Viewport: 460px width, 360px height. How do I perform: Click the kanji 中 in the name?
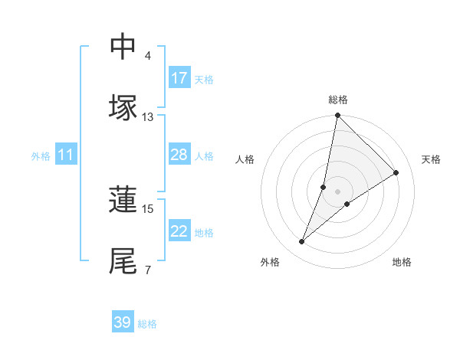tap(123, 46)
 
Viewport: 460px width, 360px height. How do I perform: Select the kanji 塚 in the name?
tap(123, 107)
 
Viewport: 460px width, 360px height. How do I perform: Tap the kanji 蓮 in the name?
tap(123, 199)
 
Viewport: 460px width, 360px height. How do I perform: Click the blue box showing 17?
tap(179, 78)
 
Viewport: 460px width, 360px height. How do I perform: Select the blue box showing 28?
tap(179, 155)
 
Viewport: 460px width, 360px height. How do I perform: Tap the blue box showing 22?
tap(179, 232)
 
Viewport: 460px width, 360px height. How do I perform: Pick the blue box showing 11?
tap(66, 155)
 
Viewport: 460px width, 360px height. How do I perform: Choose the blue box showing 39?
tap(123, 322)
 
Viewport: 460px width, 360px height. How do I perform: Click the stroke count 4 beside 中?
tap(148, 55)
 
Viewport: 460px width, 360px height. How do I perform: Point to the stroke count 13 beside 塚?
tap(147, 116)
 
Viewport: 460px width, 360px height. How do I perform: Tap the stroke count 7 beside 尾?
tap(148, 270)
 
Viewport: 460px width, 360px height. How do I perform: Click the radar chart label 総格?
tap(338, 100)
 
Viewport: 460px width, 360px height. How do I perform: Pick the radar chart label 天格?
tap(432, 159)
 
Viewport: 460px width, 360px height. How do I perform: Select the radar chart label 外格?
tap(270, 262)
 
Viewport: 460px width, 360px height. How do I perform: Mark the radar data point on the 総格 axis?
tap(337, 116)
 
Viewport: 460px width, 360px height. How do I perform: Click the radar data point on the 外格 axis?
tap(302, 242)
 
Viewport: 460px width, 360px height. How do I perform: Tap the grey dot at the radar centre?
tap(337, 180)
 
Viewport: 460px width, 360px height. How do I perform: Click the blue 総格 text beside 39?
tap(148, 324)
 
